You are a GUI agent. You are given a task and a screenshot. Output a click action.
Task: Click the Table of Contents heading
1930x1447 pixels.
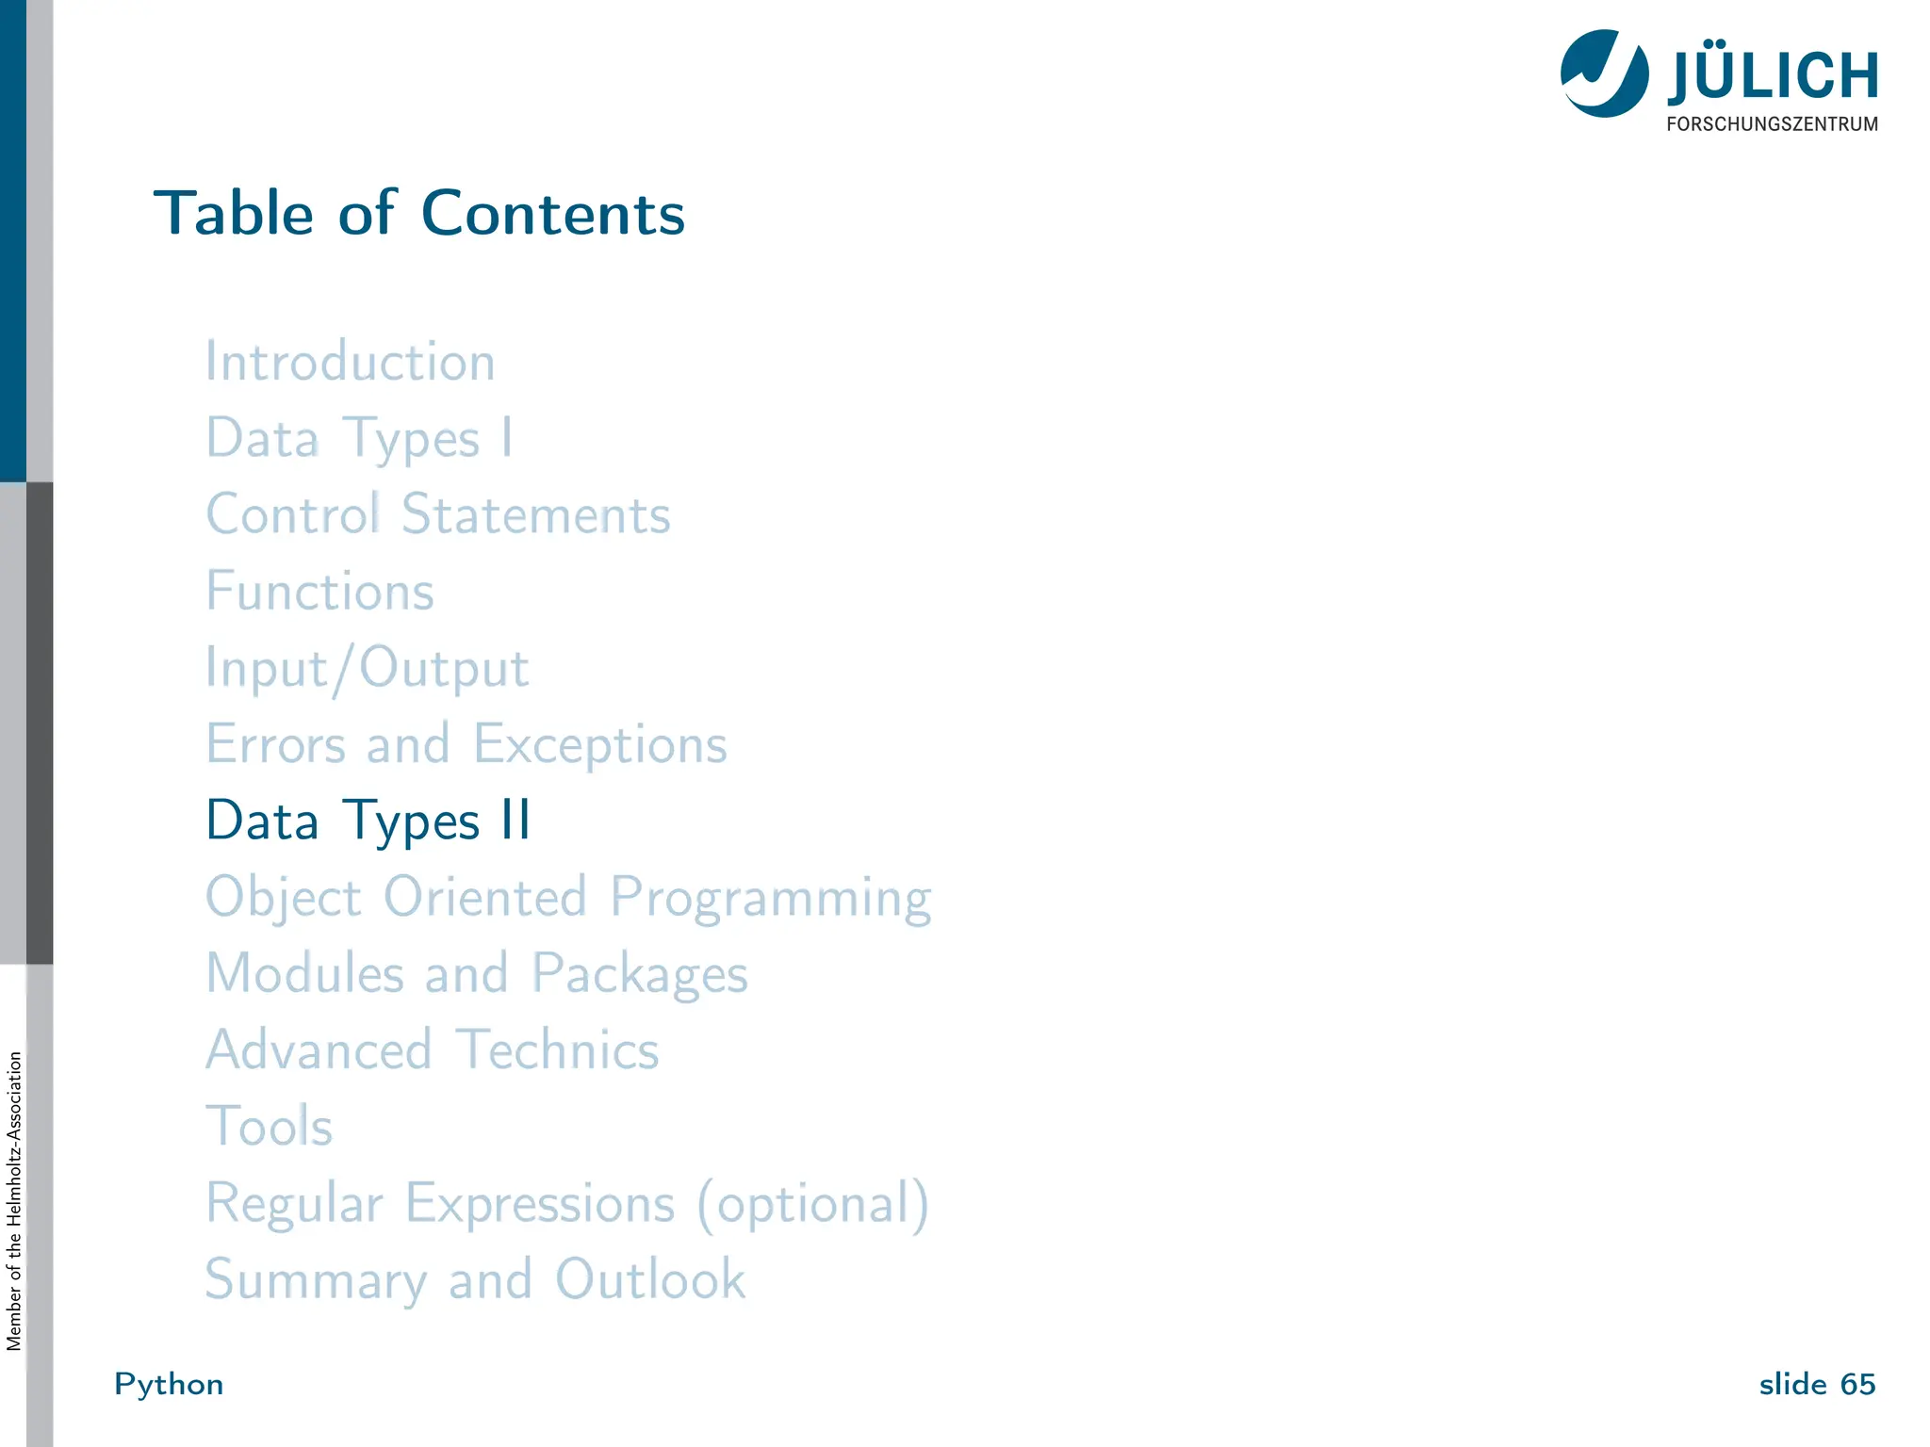419,213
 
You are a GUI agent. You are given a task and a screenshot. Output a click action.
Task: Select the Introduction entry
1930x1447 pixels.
350,362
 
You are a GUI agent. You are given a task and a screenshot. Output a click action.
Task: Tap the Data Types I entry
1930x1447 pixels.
359,439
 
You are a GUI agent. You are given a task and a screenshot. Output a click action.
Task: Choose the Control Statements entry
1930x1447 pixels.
438,515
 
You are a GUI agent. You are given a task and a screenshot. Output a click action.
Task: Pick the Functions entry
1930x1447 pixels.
319,592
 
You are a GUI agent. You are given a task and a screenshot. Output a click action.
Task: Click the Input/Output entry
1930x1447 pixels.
367,669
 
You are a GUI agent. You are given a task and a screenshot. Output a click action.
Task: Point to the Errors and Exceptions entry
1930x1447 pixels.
466,744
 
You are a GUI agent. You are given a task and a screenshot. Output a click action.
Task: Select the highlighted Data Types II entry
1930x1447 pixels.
368,821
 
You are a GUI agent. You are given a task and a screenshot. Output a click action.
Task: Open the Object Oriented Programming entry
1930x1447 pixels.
568,897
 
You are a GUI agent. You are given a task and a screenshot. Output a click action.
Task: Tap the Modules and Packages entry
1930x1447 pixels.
477,973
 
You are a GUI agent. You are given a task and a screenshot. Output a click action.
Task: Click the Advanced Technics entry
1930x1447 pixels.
433,1049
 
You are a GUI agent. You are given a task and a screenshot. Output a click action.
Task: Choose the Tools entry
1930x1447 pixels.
270,1127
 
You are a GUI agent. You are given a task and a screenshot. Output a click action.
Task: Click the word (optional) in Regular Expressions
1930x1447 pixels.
813,1204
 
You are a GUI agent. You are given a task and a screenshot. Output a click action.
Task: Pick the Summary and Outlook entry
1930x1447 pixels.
475,1280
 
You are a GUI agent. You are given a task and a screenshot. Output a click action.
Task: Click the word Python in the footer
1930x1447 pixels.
169,1384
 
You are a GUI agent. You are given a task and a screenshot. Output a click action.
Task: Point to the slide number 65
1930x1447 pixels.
1856,1384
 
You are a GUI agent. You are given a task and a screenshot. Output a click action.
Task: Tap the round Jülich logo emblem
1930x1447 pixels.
1604,73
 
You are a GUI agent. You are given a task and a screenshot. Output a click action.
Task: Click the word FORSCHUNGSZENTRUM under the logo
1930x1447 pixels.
1772,124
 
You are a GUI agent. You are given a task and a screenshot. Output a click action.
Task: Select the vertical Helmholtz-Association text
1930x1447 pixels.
13,1201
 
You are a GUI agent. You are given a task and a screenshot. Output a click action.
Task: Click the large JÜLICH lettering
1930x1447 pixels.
1773,75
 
